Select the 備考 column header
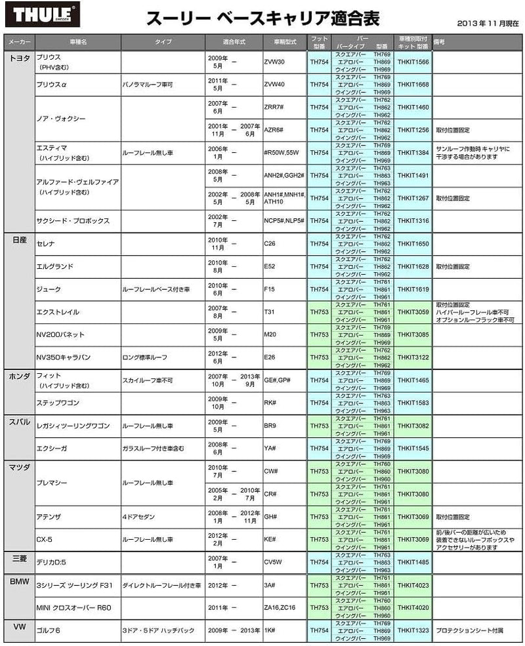[x=440, y=41]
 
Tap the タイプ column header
[x=163, y=41]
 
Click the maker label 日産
[x=19, y=241]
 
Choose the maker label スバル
[x=19, y=422]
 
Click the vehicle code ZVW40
[x=274, y=85]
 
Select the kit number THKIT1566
[x=413, y=62]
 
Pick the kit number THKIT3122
[x=413, y=357]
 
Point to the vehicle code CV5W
[x=272, y=562]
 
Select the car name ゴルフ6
[x=50, y=630]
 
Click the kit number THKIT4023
[x=413, y=585]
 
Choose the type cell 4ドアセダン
[x=138, y=517]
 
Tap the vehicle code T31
[x=269, y=312]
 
